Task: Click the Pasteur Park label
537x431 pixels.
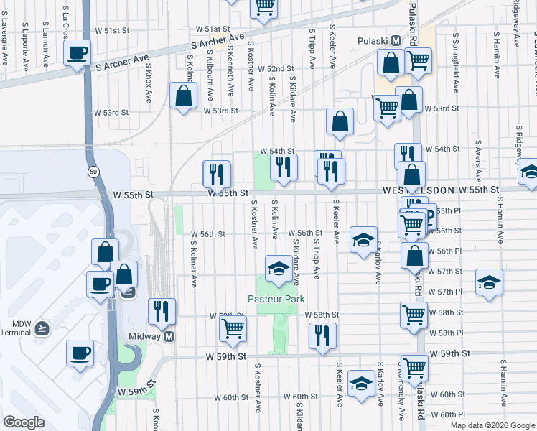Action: point(276,299)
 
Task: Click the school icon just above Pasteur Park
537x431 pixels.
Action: point(277,269)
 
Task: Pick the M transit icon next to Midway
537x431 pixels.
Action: point(169,336)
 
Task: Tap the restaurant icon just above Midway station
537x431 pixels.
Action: point(162,310)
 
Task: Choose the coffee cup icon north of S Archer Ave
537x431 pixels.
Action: point(78,52)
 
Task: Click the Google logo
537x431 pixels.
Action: point(24,422)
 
